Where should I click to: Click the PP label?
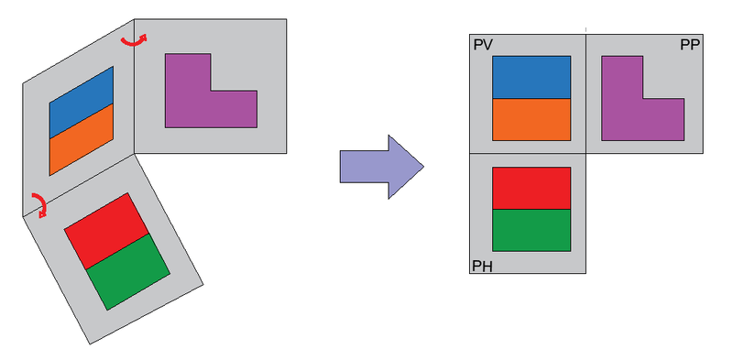click(690, 44)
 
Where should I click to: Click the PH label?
click(482, 266)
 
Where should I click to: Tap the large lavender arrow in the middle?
click(381, 166)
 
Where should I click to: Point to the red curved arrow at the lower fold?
click(38, 204)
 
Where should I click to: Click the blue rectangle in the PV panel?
click(531, 77)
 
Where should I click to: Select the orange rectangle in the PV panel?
click(531, 119)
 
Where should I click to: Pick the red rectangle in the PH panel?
click(531, 188)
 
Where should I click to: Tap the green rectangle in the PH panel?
click(531, 230)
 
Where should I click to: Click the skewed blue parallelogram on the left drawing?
click(81, 100)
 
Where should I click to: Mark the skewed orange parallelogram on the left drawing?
click(81, 140)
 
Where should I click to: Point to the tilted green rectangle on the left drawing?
click(129, 271)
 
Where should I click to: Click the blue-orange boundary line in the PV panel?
click(531, 98)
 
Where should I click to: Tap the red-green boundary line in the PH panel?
click(531, 209)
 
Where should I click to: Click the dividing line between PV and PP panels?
click(585, 92)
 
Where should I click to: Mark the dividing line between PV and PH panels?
click(527, 152)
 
